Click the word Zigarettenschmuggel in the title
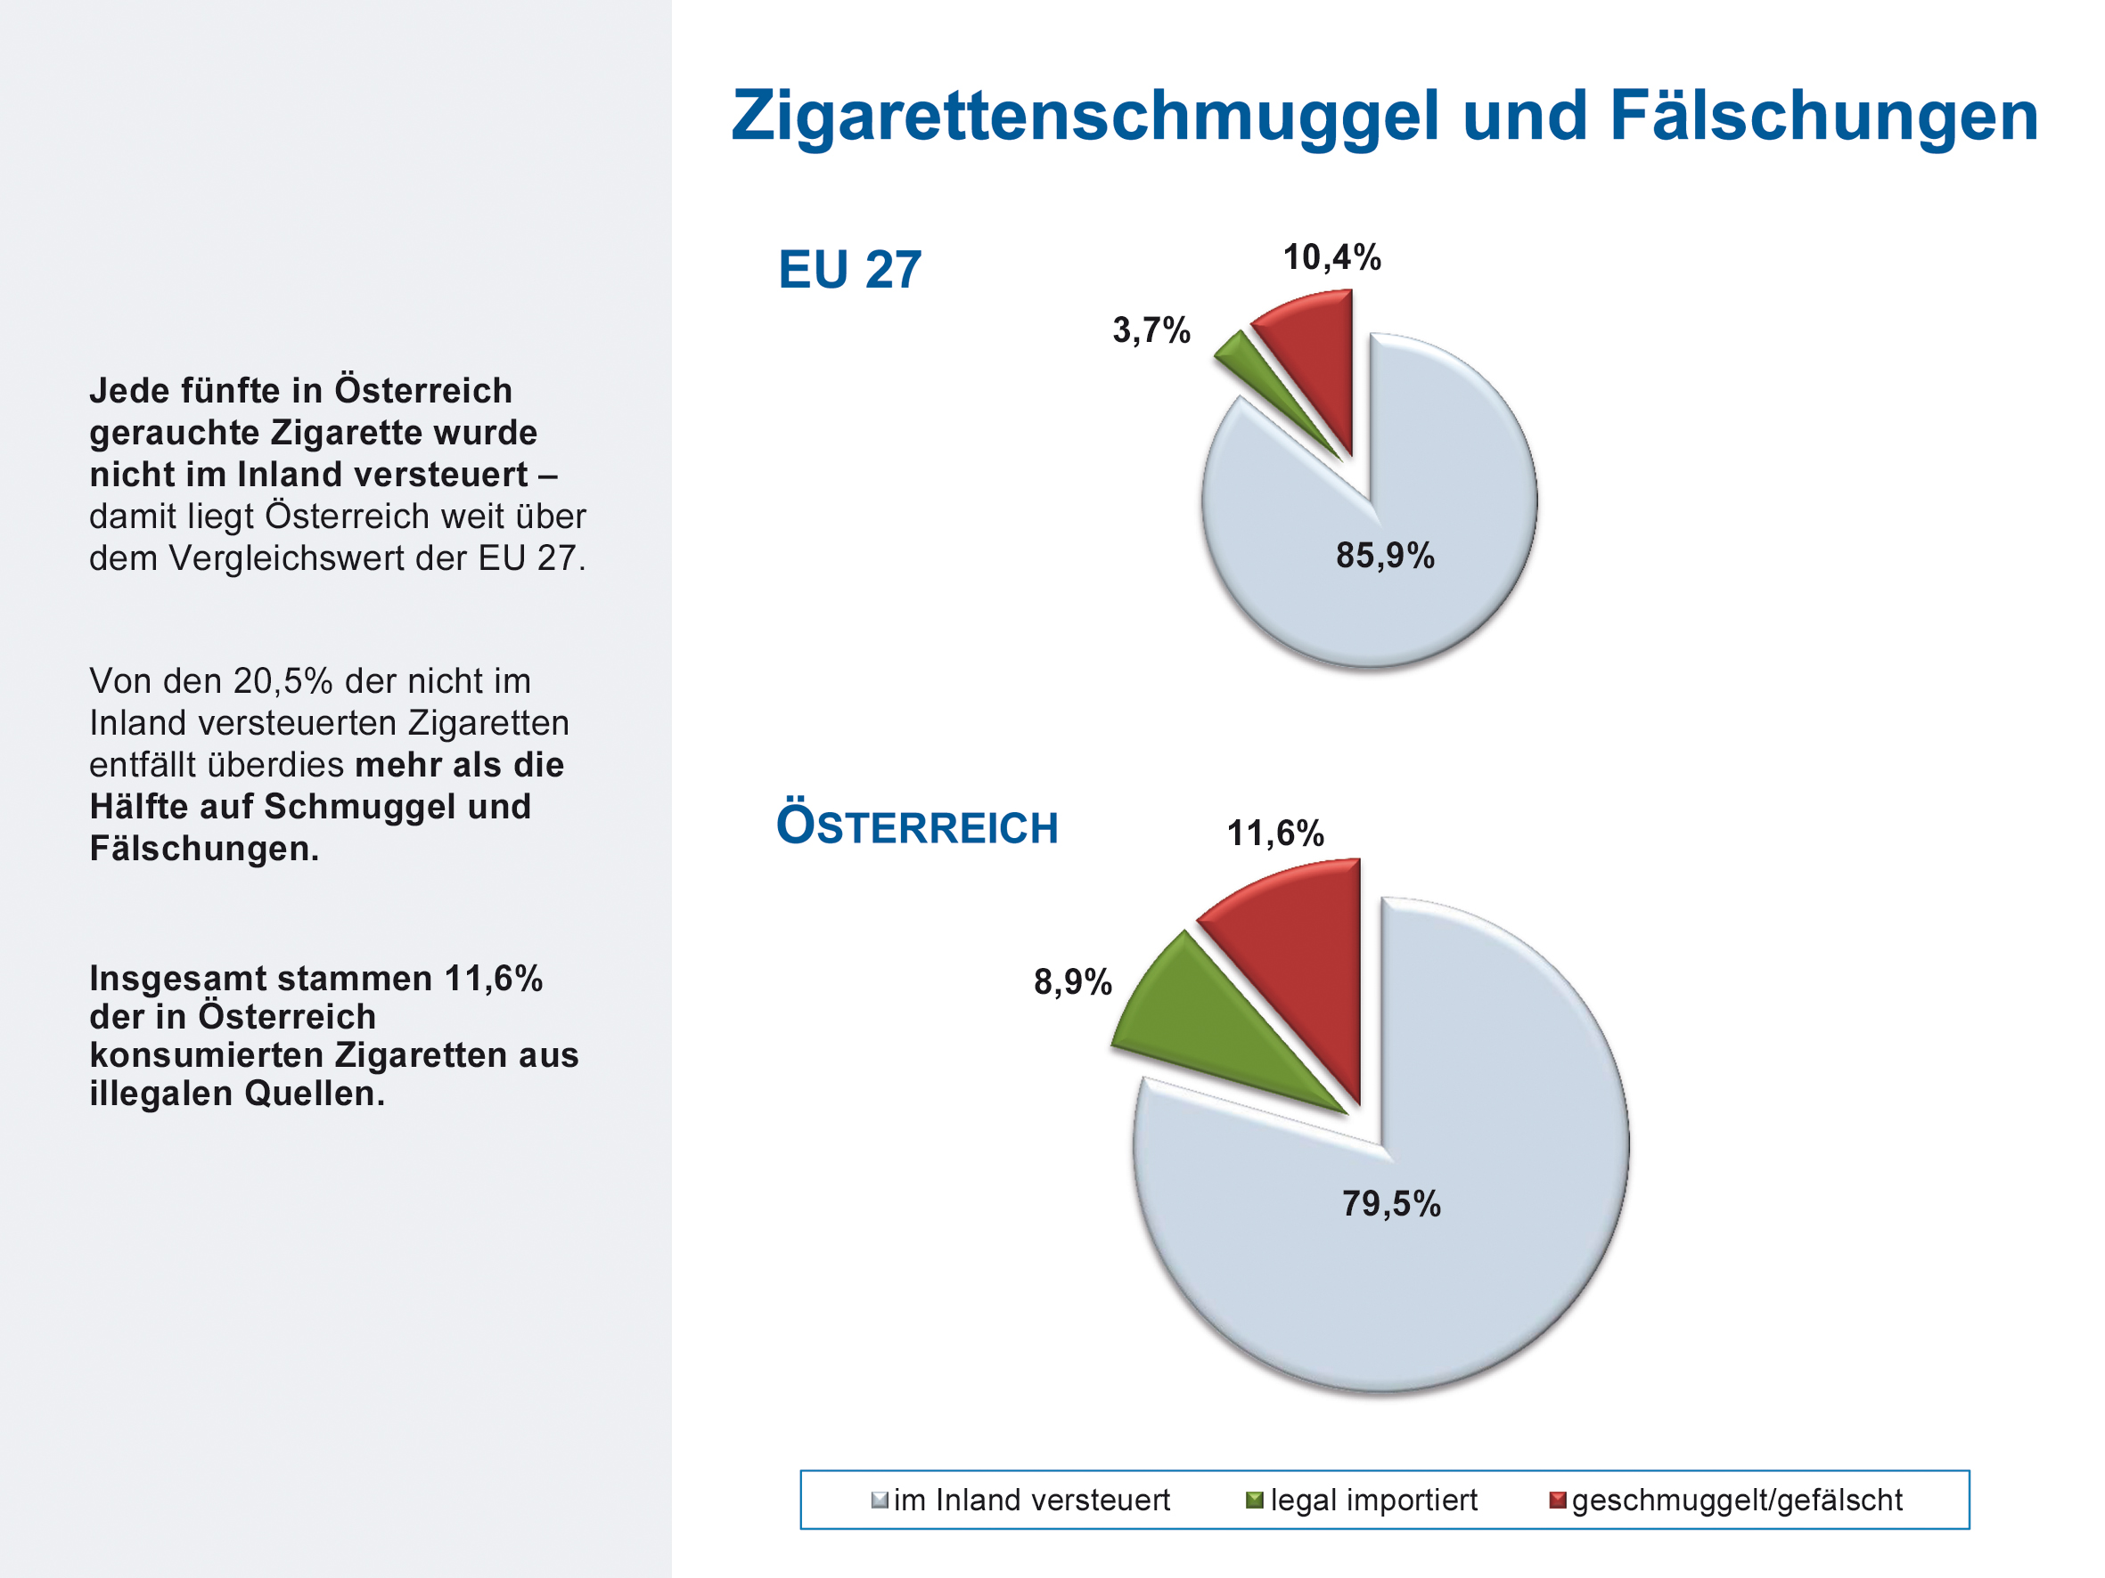click(1085, 116)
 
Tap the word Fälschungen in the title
click(1823, 116)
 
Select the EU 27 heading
click(848, 269)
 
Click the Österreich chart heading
click(916, 826)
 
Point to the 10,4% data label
click(1331, 256)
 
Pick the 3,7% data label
click(1151, 330)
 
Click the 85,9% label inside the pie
click(1384, 556)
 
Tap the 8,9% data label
click(1072, 981)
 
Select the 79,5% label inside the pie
click(1390, 1203)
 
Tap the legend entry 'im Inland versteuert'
click(1030, 1500)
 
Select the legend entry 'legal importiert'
click(1373, 1500)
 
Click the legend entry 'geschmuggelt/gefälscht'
click(1737, 1500)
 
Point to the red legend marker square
click(1558, 1500)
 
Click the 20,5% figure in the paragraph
click(283, 681)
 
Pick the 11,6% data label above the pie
click(1274, 834)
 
